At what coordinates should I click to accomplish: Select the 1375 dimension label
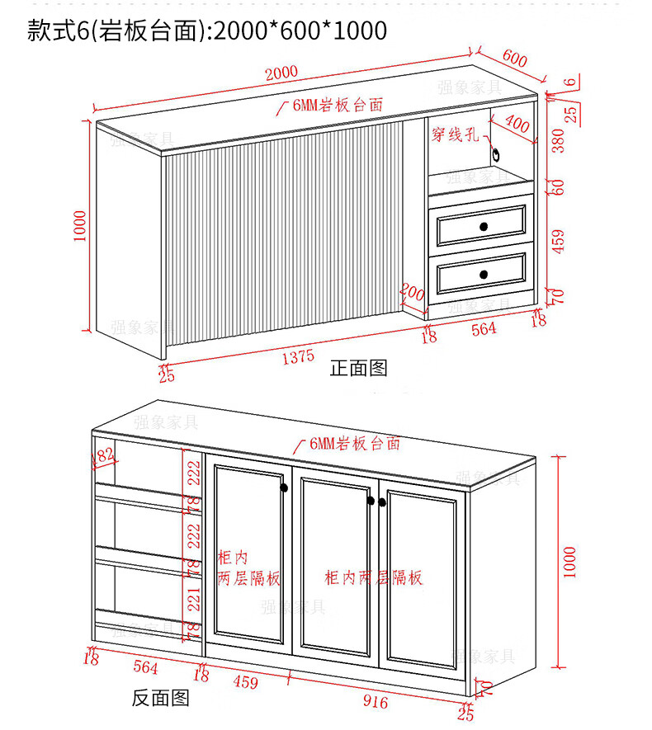(x=298, y=356)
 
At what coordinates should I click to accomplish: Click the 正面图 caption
(x=358, y=368)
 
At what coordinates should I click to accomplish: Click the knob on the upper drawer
(x=484, y=227)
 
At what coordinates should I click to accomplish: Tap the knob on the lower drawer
(x=484, y=273)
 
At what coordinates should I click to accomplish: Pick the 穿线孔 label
(x=455, y=134)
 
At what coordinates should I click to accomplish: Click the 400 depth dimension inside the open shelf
(x=517, y=125)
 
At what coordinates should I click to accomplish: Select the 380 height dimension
(x=559, y=141)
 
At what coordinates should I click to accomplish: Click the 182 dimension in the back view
(x=105, y=454)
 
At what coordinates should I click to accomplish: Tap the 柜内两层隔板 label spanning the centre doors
(x=373, y=577)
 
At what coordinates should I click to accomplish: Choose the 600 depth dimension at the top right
(x=513, y=59)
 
